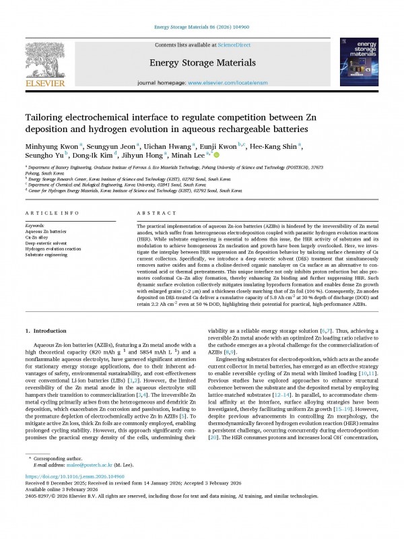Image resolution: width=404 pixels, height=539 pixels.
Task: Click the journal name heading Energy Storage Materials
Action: (x=201, y=63)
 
